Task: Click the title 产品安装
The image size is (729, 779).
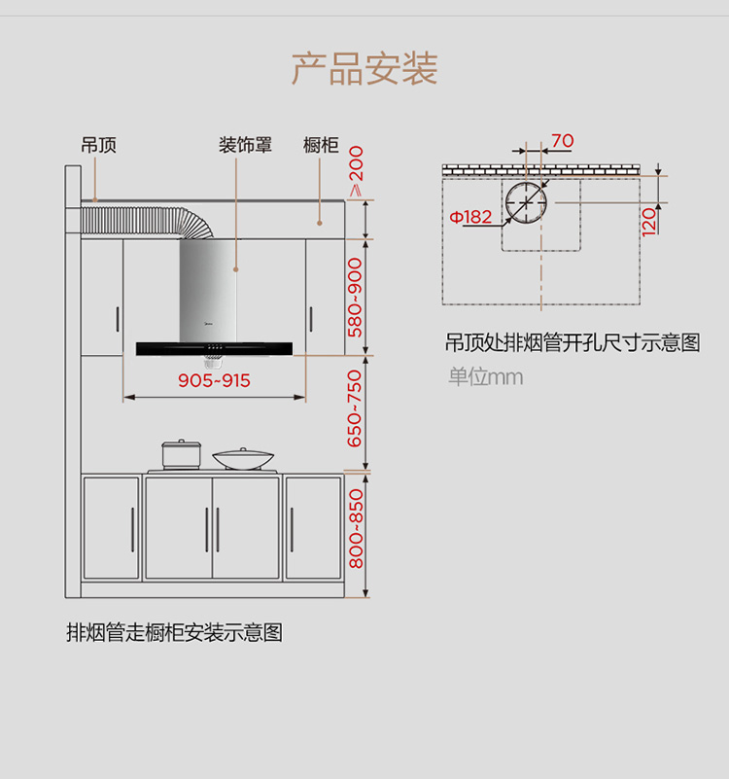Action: tap(364, 68)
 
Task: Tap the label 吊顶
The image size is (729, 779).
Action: tap(99, 145)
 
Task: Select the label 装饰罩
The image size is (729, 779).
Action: tap(245, 145)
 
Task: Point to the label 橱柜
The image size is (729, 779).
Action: tap(321, 145)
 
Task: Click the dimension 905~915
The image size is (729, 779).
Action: tap(214, 380)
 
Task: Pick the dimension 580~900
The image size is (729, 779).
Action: tap(356, 298)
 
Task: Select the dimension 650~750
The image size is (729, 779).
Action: tap(356, 408)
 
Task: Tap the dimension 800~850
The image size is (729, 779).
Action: tap(356, 529)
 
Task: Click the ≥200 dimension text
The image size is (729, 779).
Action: tap(356, 171)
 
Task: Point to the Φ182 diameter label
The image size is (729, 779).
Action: tap(470, 217)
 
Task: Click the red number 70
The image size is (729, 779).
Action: tap(563, 141)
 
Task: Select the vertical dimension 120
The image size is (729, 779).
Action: tap(648, 222)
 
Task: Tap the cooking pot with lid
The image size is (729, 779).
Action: tap(181, 454)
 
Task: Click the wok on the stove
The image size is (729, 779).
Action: tap(243, 459)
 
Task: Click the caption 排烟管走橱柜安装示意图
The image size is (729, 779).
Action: tap(174, 632)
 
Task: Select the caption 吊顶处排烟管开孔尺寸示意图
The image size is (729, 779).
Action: tap(573, 342)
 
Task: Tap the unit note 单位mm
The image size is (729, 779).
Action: tap(485, 376)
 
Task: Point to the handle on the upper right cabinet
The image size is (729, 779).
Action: tap(311, 319)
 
